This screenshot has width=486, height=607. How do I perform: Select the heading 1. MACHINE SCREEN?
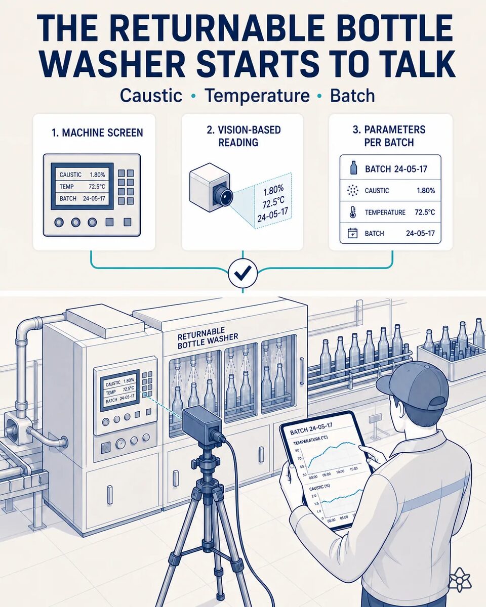pos(97,133)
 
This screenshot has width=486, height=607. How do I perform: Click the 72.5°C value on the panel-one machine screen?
pos(97,187)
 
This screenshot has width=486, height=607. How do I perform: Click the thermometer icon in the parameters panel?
pos(352,212)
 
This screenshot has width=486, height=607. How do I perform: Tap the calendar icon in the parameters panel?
pos(352,233)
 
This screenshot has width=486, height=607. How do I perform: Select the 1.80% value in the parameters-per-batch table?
pos(426,191)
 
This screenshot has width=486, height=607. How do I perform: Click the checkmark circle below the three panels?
pos(242,273)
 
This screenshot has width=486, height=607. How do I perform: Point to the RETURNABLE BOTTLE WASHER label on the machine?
pos(208,338)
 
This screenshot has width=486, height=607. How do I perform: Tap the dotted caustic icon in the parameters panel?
pos(352,191)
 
